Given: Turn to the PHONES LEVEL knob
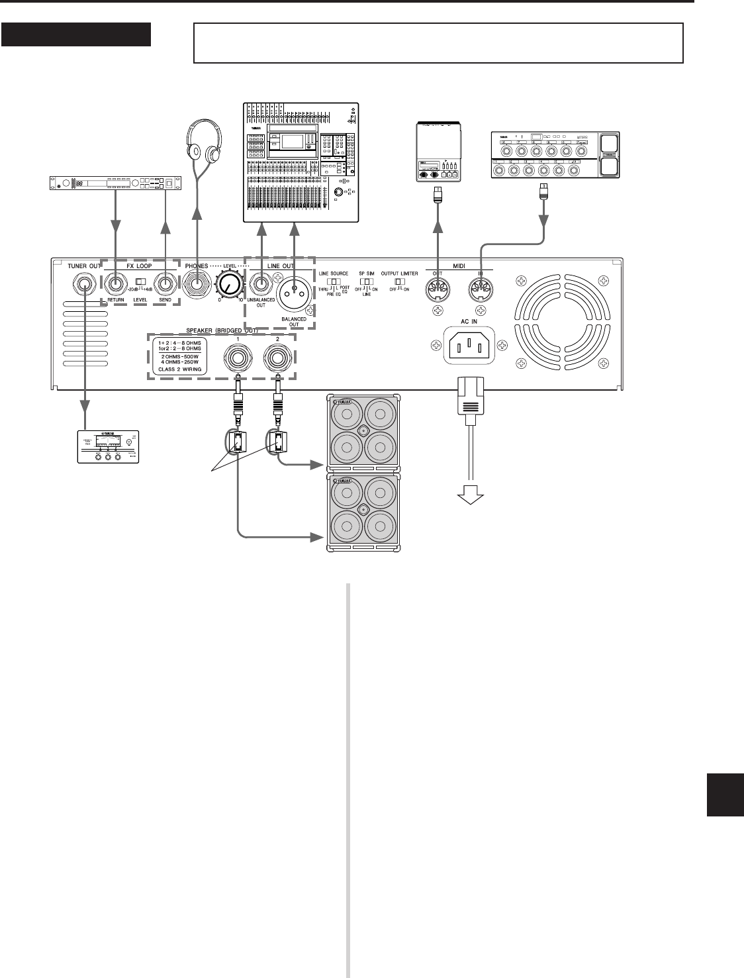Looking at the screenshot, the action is coord(229,287).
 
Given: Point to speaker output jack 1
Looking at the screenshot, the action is coord(236,360).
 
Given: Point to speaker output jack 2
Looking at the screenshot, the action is coord(277,360).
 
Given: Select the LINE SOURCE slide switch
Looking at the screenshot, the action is coord(334,281).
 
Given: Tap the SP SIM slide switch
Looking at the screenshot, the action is coord(366,281).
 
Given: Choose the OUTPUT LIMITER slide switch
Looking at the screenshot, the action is coord(399,281).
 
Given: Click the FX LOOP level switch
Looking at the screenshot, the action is coord(141,282).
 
